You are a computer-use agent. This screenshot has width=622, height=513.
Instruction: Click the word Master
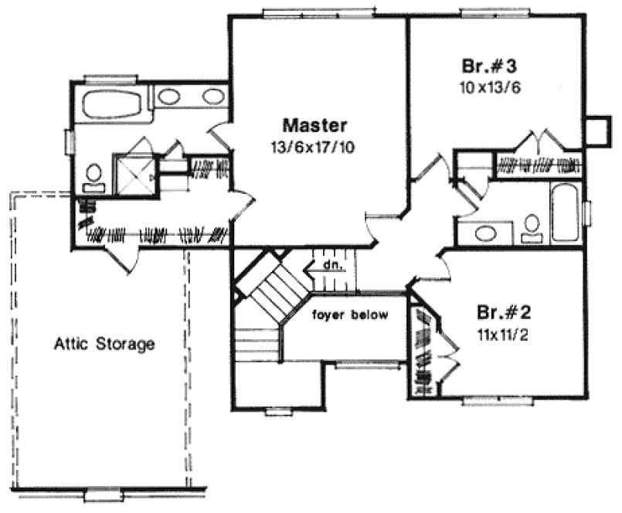tap(314, 124)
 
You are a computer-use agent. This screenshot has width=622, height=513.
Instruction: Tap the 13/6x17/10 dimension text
tap(314, 144)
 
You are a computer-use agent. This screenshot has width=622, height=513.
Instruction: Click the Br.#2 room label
tap(503, 314)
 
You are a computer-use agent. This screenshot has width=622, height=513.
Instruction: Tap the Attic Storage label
tap(104, 344)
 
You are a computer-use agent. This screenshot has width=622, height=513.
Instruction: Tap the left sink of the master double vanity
tap(168, 97)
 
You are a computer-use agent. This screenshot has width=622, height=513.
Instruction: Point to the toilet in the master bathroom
tap(93, 176)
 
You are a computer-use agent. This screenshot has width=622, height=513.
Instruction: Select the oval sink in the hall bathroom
tap(486, 233)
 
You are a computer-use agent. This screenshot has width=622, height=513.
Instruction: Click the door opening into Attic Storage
tap(124, 260)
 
